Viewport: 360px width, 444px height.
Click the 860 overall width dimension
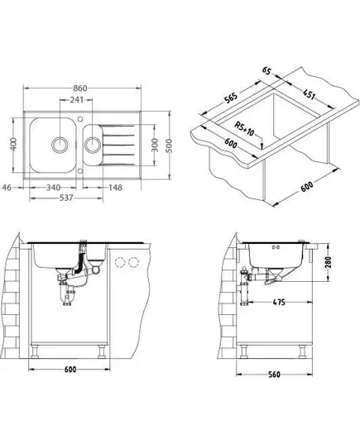pos(80,88)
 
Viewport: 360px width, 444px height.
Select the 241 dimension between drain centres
pos(77,100)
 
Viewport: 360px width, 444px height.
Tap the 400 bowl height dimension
pos(15,145)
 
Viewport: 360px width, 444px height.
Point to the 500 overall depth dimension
pos(169,146)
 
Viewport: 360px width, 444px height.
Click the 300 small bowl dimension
pos(155,145)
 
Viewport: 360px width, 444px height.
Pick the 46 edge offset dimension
pos(7,188)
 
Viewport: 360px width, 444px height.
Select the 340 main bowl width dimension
pos(53,188)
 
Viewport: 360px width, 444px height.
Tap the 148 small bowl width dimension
pos(115,188)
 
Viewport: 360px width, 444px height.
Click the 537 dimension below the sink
pos(66,198)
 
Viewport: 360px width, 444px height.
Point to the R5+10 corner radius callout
pos(244,129)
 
